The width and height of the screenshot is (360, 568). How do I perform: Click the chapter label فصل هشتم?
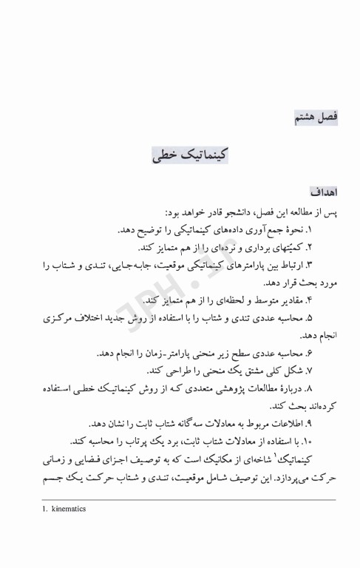pyautogui.click(x=316, y=117)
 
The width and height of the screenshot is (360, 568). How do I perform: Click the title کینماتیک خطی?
pyautogui.click(x=190, y=156)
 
